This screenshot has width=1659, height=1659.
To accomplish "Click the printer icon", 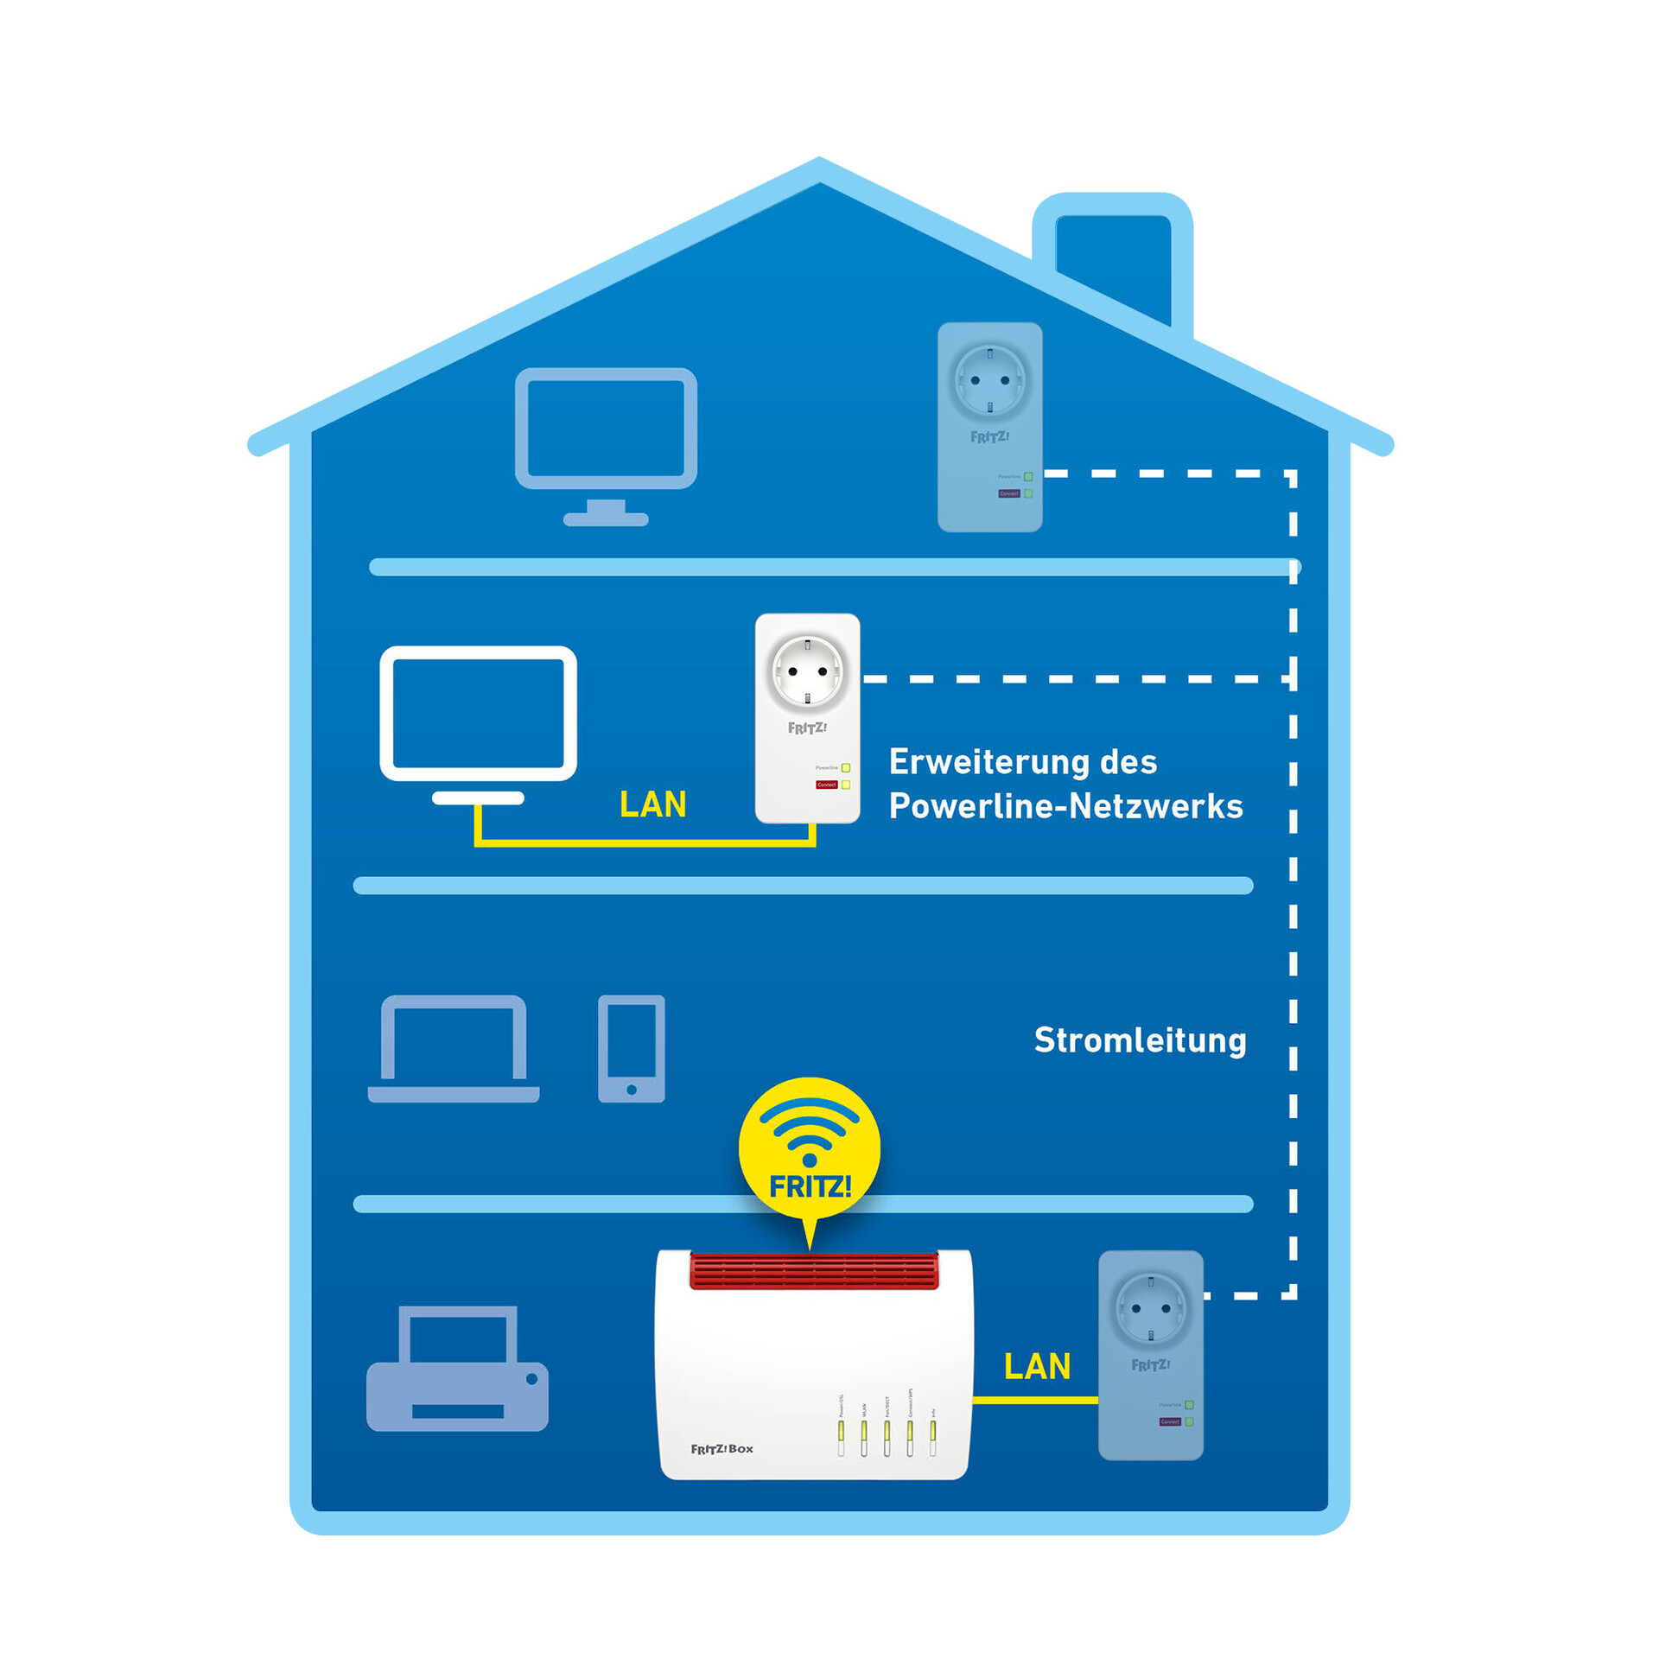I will pos(457,1370).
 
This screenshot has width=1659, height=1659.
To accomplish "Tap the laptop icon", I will pos(454,1049).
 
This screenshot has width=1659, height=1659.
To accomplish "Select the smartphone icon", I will pos(632,1048).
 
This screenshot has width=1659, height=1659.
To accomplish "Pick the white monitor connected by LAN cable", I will pos(478,717).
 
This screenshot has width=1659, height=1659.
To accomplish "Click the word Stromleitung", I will pos(1140,1041).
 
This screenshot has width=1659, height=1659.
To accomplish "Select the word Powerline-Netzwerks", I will pos(1065,806).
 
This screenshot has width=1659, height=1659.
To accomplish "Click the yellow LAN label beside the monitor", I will pos(653,804).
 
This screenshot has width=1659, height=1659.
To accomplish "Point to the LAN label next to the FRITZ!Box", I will pos(1037,1366).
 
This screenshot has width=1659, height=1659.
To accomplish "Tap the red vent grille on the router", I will pos(813,1270).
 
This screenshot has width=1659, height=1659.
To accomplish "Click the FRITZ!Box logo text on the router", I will pos(721,1449).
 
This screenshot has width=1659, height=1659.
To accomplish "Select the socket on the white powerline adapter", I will pos(807,671).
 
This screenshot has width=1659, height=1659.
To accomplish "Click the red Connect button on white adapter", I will pos(826,785).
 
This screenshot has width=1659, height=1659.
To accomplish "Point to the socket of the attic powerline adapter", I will pos(989,380).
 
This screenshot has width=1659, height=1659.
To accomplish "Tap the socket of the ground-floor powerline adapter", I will pos(1150,1308).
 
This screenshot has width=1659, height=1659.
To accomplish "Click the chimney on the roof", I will pos(1113,259).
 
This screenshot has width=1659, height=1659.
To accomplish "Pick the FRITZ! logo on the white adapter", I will pos(807,728).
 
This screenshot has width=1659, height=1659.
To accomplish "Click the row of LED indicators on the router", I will pos(887,1435).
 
